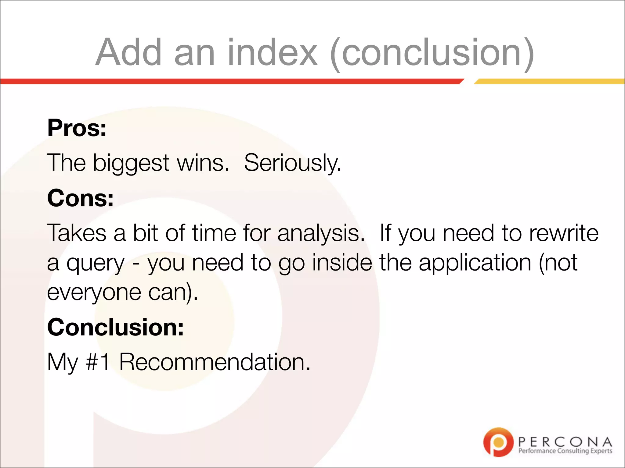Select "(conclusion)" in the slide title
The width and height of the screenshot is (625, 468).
(432, 53)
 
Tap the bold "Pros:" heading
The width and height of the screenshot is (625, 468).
(77, 128)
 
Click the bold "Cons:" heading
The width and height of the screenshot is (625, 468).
(81, 198)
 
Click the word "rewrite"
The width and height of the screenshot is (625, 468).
(564, 233)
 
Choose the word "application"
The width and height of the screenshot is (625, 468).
(475, 263)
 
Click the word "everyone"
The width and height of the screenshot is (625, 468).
(94, 292)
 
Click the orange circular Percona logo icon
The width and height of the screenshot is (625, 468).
(498, 442)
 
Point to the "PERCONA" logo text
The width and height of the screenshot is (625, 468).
(565, 441)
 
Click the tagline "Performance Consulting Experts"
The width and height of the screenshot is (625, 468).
(565, 451)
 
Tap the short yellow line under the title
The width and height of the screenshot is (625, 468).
(549, 81)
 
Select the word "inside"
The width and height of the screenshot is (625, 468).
(342, 263)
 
